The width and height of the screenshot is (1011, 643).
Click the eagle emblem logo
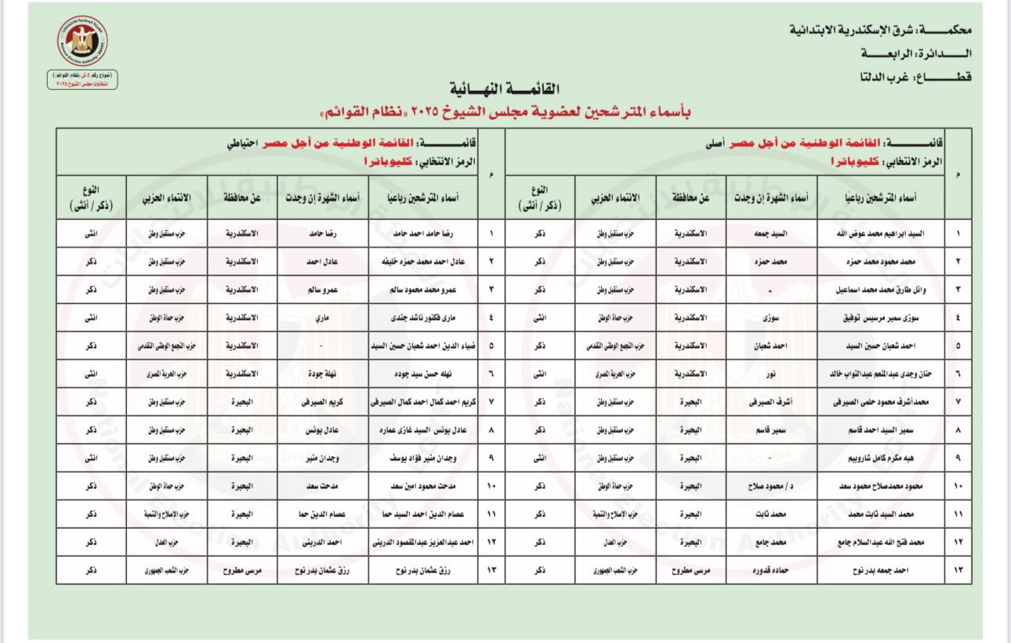tap(82, 42)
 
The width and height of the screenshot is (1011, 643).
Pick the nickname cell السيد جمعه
tap(770, 233)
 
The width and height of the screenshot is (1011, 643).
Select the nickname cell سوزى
tap(770, 318)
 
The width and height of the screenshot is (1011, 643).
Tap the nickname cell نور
tap(770, 374)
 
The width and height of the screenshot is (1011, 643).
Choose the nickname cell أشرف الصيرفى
tap(770, 402)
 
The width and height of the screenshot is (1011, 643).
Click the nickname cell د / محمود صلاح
tap(770, 486)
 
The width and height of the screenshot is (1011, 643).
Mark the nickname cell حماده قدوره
tap(770, 570)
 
